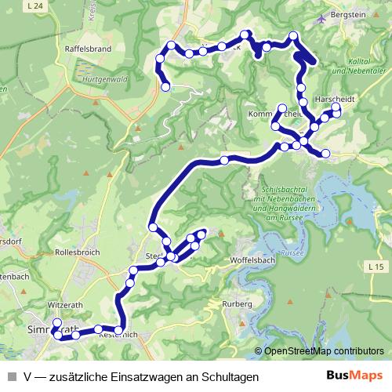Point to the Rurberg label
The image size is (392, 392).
point(235,303)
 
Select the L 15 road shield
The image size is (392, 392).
point(376,268)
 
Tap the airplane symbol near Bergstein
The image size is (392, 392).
point(321,20)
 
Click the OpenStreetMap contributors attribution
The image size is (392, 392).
point(323,351)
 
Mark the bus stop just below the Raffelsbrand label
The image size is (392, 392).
point(165,87)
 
